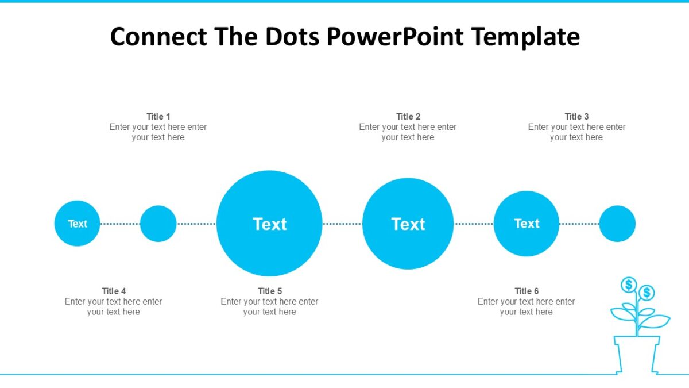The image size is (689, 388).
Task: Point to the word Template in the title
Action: [525, 37]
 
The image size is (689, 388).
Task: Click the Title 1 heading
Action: [158, 117]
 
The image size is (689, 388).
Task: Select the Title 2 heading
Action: [408, 117]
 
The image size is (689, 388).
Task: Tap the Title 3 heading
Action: [576, 117]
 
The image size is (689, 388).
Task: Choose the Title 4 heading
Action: [114, 291]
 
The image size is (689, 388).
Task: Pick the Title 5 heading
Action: [270, 291]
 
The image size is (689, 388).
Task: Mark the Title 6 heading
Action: [527, 291]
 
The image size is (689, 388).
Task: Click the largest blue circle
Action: [269, 224]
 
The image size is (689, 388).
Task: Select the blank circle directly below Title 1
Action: [158, 224]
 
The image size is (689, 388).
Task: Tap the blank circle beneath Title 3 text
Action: [617, 224]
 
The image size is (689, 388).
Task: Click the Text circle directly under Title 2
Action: [408, 224]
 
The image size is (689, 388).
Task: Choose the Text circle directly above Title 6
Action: [527, 224]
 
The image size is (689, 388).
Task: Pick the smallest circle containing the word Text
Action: [78, 224]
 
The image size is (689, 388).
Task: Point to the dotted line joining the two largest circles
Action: [342, 224]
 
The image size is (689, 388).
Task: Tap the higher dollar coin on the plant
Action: [629, 285]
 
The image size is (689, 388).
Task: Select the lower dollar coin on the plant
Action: [647, 293]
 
